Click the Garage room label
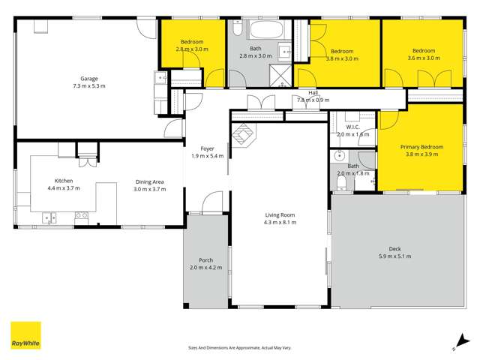(x=89, y=79)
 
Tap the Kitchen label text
(x=63, y=181)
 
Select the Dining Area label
(x=149, y=181)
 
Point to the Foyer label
(x=207, y=148)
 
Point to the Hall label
(x=313, y=92)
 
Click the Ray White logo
(x=25, y=336)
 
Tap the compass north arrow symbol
(x=455, y=343)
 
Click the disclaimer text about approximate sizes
(x=239, y=348)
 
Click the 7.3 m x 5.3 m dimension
(x=89, y=86)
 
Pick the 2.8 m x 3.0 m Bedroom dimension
(x=193, y=48)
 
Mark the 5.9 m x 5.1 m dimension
(x=394, y=256)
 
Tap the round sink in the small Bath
(x=340, y=158)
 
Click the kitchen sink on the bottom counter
(x=50, y=218)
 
